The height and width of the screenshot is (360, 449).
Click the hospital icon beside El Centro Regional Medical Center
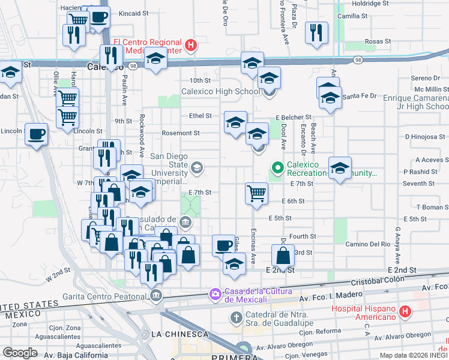coord(191,44)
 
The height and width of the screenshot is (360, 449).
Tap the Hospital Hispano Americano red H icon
coord(405,311)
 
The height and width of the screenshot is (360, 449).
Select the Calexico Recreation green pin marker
coord(277,167)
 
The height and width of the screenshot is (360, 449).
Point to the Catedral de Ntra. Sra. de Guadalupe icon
coord(237,316)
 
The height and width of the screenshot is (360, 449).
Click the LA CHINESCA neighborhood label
coord(179,334)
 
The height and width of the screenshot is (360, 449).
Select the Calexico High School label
coord(221,91)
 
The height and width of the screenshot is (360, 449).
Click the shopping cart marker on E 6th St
coord(256,194)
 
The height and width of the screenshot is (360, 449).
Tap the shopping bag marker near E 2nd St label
coord(283,256)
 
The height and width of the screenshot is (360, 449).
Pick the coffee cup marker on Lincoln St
coord(36,134)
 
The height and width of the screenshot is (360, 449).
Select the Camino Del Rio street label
coord(368,244)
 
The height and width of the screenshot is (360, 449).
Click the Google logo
coord(20,352)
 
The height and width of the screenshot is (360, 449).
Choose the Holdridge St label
coord(370,3)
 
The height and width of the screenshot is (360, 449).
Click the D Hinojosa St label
coord(428,137)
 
